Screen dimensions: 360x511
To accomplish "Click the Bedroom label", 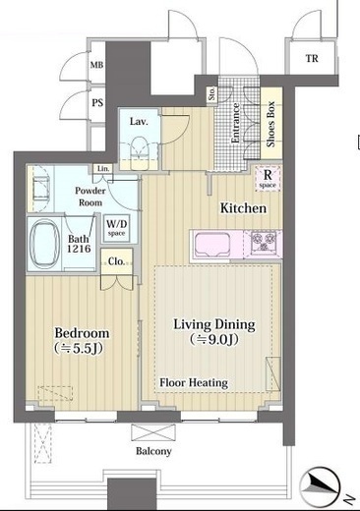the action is click(x=82, y=333).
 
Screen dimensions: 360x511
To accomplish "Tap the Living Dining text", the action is click(x=214, y=324).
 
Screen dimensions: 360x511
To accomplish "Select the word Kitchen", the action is click(x=243, y=208).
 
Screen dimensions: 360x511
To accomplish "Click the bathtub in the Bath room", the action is click(x=44, y=243).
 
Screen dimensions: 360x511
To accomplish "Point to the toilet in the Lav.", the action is click(x=140, y=153).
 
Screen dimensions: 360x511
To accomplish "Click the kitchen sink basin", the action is click(x=212, y=244).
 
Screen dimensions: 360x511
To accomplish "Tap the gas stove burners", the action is click(x=263, y=243).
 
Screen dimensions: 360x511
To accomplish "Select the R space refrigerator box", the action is click(x=269, y=179).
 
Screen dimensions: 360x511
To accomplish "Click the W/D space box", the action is click(x=117, y=228).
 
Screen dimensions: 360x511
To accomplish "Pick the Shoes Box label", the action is click(x=270, y=124).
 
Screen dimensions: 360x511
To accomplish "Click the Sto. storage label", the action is click(x=212, y=93).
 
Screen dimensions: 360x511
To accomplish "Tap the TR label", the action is click(x=312, y=58).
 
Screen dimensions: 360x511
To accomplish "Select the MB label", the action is click(x=96, y=65).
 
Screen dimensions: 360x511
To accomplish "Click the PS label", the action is click(x=97, y=103).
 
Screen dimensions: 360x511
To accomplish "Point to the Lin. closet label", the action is click(x=103, y=169).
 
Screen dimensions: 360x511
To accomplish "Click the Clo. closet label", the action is click(x=116, y=261).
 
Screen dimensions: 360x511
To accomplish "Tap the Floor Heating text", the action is click(x=194, y=382).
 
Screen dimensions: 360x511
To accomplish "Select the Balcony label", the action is click(x=153, y=451).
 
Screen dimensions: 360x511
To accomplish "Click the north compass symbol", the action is click(x=321, y=485).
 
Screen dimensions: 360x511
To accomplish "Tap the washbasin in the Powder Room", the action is click(x=41, y=189).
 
